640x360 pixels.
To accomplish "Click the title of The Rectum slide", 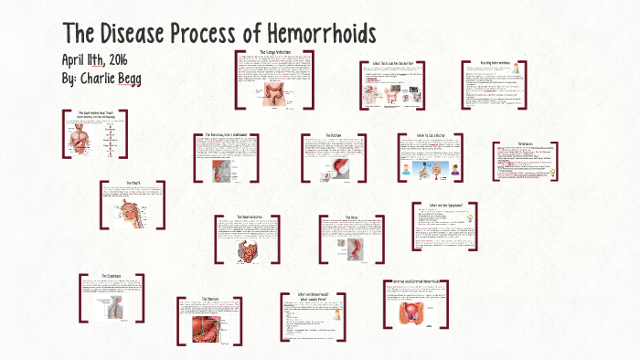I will [333, 135].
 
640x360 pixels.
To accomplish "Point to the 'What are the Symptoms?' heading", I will [445, 205].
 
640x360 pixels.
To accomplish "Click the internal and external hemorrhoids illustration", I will [417, 312].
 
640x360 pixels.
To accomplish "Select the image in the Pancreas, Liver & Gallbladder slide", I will [219, 171].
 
